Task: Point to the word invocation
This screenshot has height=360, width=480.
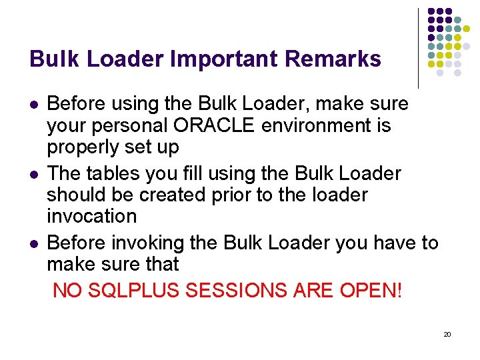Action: pyautogui.click(x=91, y=216)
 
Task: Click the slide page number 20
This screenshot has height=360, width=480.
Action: pyautogui.click(x=447, y=333)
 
